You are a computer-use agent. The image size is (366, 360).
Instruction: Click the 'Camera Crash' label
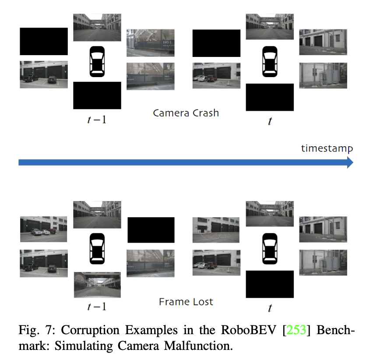coord(186,113)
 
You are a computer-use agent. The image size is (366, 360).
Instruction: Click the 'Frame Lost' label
coord(186,302)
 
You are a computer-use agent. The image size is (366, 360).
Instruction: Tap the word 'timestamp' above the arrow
coord(327,148)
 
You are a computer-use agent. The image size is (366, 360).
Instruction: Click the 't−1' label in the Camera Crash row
coord(97,119)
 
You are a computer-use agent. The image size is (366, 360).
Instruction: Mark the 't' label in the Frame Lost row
coord(270,308)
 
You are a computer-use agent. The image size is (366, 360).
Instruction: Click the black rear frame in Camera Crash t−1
coord(97,95)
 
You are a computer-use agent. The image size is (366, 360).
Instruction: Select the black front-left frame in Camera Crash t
coord(216,43)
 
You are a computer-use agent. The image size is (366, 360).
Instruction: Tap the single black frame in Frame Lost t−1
coord(151,230)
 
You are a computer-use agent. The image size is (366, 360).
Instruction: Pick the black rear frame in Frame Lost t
coord(270,284)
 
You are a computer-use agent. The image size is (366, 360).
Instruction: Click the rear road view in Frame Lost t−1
coord(97,285)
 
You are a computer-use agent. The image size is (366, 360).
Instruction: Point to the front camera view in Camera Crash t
coord(270,26)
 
